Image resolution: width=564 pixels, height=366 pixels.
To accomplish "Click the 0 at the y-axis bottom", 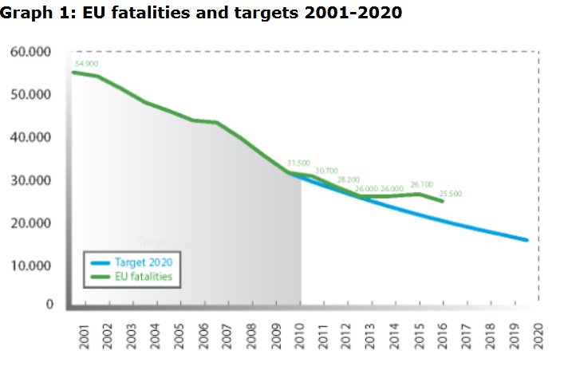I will click(49, 305).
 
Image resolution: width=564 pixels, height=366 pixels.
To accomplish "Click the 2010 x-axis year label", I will click(301, 336).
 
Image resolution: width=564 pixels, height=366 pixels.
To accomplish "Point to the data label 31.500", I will click(298, 163).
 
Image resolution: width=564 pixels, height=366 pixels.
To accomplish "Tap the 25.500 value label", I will click(450, 194).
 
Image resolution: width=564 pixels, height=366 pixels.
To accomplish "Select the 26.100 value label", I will click(421, 184).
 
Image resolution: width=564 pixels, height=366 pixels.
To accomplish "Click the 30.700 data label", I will click(327, 171).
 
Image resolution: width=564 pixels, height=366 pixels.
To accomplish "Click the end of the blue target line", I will click(526, 239).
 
